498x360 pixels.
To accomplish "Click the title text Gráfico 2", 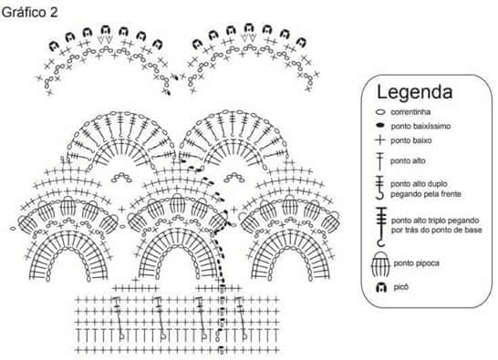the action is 29,13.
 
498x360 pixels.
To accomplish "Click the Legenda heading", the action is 414,92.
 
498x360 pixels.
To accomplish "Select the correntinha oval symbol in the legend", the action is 380,112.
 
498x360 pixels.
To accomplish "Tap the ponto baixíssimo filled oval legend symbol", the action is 379,126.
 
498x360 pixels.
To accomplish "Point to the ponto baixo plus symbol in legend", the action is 379,140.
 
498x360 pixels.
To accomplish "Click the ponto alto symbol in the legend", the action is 379,161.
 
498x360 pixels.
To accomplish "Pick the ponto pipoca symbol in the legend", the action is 380,263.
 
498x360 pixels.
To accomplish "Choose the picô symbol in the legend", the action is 381,288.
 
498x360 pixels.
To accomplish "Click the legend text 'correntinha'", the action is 410,112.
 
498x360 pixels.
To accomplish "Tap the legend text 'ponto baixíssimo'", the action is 420,127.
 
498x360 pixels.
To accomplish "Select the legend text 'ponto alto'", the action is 408,161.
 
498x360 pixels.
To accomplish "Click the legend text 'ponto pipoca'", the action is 417,263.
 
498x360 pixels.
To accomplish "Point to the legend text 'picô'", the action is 400,287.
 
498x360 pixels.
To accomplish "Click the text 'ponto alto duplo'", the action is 419,184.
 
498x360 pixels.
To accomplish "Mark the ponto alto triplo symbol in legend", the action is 380,227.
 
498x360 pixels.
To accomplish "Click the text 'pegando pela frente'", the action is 426,194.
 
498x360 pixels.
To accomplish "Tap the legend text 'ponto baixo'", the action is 411,140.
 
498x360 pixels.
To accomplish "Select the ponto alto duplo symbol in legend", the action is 379,188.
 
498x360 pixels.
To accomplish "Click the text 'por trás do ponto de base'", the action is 436,230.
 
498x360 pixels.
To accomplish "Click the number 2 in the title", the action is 54,13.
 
